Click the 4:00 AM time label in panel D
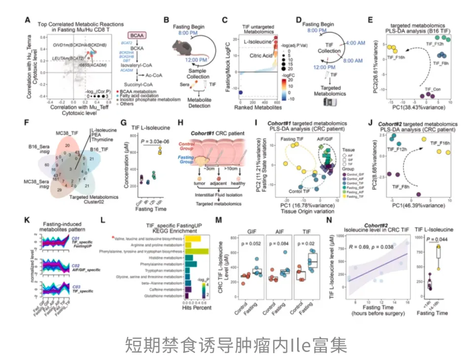[355, 43]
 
